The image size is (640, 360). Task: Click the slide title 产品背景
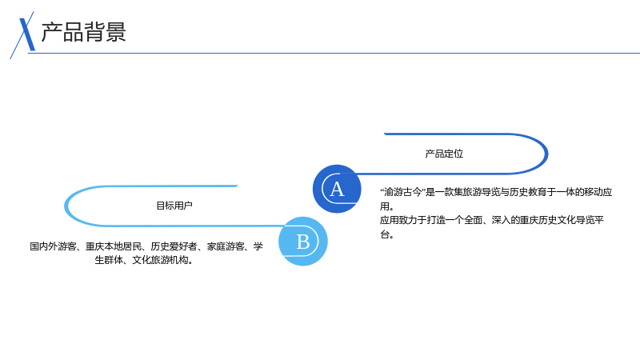pyautogui.click(x=84, y=32)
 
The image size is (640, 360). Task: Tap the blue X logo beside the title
pyautogui.click(x=25, y=35)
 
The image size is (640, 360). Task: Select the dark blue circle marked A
pyautogui.click(x=337, y=189)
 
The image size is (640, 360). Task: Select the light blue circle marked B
pyautogui.click(x=303, y=242)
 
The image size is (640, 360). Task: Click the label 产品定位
pyautogui.click(x=444, y=154)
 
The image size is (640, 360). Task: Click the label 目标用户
pyautogui.click(x=174, y=206)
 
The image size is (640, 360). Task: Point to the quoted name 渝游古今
pyautogui.click(x=402, y=192)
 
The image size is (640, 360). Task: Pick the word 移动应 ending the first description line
pyautogui.click(x=598, y=192)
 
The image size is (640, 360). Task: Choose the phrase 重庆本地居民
pyautogui.click(x=114, y=246)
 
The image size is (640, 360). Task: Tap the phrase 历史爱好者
pyautogui.click(x=174, y=246)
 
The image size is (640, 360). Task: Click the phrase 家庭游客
pyautogui.click(x=226, y=246)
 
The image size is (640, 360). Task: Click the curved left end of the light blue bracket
pyautogui.click(x=66, y=206)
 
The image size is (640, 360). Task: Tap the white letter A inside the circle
pyautogui.click(x=337, y=189)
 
